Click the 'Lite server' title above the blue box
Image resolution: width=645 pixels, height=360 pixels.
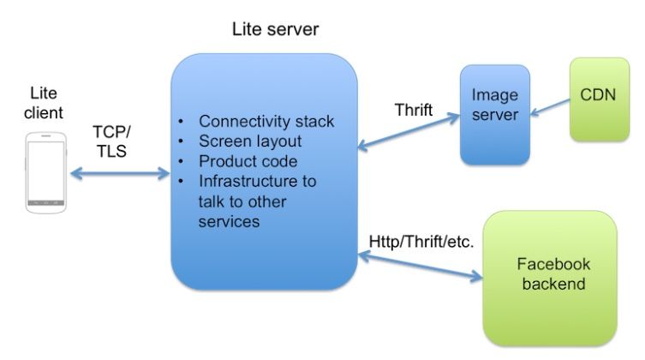(x=275, y=29)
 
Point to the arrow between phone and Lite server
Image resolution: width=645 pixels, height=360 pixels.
(x=120, y=174)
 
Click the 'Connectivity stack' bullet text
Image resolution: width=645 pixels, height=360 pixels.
(x=266, y=121)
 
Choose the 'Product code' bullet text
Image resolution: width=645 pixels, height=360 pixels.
(x=248, y=161)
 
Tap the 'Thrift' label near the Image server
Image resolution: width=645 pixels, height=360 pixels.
(x=413, y=110)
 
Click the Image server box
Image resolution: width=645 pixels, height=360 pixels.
(x=494, y=114)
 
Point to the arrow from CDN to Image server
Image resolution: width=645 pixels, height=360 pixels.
(x=549, y=107)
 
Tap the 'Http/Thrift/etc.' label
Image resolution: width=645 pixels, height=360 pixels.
(x=421, y=242)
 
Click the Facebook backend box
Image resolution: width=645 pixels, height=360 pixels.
(x=549, y=274)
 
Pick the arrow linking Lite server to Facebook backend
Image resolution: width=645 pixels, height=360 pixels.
(x=420, y=264)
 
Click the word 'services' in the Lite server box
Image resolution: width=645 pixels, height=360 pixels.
(x=229, y=222)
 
